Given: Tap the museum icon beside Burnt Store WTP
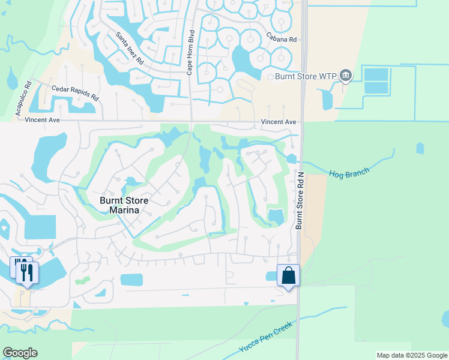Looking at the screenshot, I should click(345, 76).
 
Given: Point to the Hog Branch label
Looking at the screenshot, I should click(349, 173).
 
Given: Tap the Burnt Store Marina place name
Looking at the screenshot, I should click(124, 205).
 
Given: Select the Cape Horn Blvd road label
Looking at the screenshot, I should click(190, 52).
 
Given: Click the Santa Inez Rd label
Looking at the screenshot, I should click(130, 49).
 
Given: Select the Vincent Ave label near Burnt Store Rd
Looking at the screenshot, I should click(279, 122).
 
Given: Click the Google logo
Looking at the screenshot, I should click(20, 353).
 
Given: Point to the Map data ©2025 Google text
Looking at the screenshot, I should click(411, 355).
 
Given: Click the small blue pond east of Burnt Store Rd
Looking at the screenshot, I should click(420, 148).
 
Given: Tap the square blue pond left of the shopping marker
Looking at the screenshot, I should click(131, 280).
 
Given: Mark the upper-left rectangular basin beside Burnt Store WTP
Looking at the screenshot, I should click(376, 74).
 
